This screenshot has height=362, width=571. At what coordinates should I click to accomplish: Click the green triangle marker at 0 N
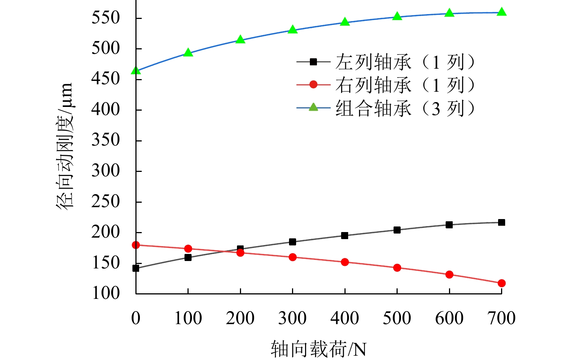[x=136, y=70]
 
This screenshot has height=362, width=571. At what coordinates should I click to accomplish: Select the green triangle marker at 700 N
[x=501, y=12]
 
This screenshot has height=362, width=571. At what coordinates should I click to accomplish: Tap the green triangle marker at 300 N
[x=293, y=29]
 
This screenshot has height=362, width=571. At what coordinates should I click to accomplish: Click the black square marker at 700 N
[x=501, y=222]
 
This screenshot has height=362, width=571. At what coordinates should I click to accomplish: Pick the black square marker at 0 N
[x=136, y=268]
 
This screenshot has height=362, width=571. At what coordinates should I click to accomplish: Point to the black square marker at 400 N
[x=345, y=235]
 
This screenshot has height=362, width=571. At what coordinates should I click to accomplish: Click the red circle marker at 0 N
[x=136, y=245]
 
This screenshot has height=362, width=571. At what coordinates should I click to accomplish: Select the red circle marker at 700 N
[x=501, y=283]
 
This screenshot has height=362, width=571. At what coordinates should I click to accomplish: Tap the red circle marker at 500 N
[x=397, y=268]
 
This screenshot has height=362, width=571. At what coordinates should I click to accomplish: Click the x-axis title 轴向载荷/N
[x=318, y=349]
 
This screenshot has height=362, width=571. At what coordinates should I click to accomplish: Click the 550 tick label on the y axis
[x=106, y=18]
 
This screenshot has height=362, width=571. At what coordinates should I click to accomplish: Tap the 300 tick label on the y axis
[x=106, y=171]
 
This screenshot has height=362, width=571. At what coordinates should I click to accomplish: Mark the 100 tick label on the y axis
[x=106, y=293]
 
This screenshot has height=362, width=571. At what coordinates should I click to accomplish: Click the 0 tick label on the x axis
[x=136, y=318]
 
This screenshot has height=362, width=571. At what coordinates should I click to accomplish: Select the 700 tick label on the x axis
[x=501, y=318]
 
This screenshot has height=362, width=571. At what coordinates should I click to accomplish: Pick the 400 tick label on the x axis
[x=345, y=318]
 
